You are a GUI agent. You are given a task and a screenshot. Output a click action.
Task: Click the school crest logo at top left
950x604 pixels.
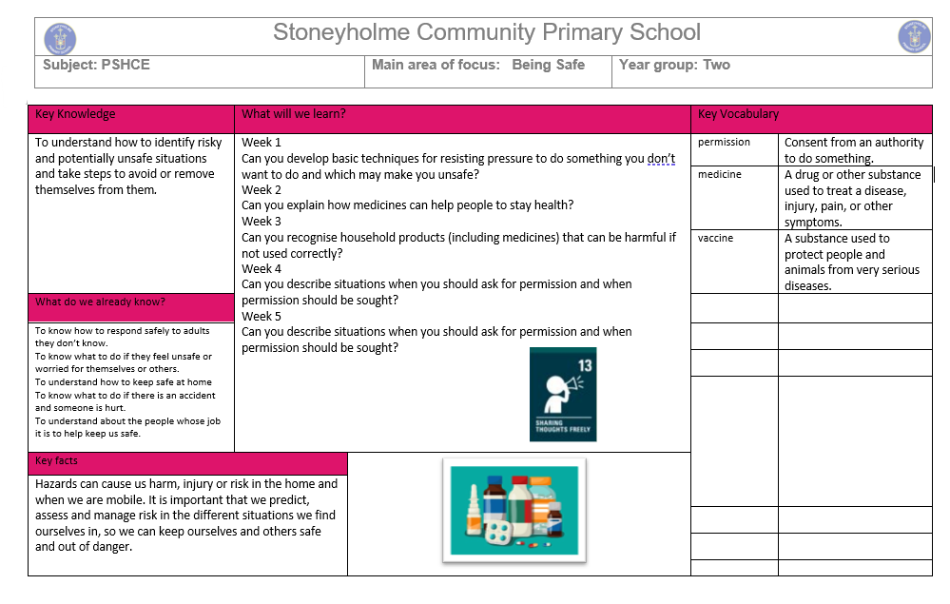(60, 38)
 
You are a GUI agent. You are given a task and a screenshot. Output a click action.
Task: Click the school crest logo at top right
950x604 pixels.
(914, 37)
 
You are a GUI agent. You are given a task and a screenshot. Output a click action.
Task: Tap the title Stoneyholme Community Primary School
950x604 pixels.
(486, 32)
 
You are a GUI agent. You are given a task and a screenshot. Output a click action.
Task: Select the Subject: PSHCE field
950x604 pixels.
(96, 65)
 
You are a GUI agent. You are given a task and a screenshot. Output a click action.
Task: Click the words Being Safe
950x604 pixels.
(548, 65)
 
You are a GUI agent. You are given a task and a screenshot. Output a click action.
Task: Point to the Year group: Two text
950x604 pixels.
(674, 65)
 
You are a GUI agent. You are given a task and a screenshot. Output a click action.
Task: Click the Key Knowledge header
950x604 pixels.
(75, 114)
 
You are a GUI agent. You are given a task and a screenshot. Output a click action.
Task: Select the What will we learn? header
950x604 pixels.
(294, 114)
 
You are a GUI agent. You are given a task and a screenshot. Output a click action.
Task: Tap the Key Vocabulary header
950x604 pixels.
(738, 114)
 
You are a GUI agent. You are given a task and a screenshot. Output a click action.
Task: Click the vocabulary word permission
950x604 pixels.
(724, 143)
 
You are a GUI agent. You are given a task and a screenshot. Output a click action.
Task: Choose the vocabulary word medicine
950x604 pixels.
(720, 175)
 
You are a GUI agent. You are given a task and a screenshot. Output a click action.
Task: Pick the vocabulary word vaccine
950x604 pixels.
(716, 239)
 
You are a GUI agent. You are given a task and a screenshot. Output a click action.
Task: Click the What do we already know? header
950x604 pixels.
(100, 302)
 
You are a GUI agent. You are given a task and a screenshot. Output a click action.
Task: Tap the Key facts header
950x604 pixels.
(56, 461)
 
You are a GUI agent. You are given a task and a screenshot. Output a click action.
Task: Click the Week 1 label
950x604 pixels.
(262, 143)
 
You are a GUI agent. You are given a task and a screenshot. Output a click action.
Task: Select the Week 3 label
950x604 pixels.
(262, 222)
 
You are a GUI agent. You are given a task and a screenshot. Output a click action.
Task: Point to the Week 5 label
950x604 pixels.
(262, 317)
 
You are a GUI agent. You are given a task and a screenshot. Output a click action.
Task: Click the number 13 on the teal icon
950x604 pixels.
(585, 364)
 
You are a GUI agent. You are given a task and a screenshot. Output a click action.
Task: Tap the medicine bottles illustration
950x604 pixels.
(514, 510)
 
